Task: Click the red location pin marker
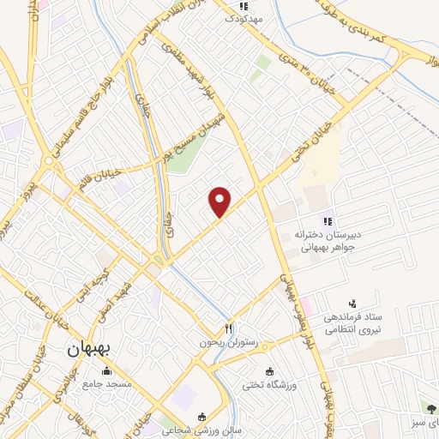tap(220, 202)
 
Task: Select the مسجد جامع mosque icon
tap(106, 371)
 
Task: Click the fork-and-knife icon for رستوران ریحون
tap(229, 329)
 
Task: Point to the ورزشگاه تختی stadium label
tap(294, 385)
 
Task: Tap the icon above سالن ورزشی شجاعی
tap(201, 417)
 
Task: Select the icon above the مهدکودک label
tap(244, 6)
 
